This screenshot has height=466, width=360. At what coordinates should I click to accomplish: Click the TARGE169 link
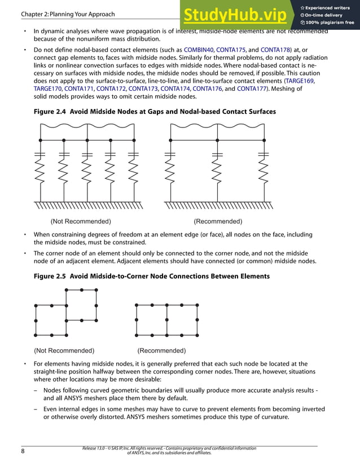tap(300, 81)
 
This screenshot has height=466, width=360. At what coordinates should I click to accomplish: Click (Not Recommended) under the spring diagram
tap(81, 221)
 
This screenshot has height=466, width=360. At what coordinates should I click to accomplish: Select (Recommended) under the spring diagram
tap(218, 221)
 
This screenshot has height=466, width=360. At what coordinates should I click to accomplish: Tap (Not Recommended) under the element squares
tap(64, 350)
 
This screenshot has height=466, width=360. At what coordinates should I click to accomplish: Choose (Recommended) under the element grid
tap(161, 350)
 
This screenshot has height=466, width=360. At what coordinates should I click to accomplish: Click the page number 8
tap(23, 451)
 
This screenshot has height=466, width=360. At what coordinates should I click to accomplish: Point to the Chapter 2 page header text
tap(67, 14)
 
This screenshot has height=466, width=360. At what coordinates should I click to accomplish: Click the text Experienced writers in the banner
tap(330, 7)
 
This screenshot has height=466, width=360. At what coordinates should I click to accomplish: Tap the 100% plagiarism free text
tap(330, 23)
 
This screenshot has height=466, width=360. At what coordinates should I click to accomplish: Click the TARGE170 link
tap(48, 89)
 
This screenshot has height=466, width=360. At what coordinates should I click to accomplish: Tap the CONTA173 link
tap(143, 89)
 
